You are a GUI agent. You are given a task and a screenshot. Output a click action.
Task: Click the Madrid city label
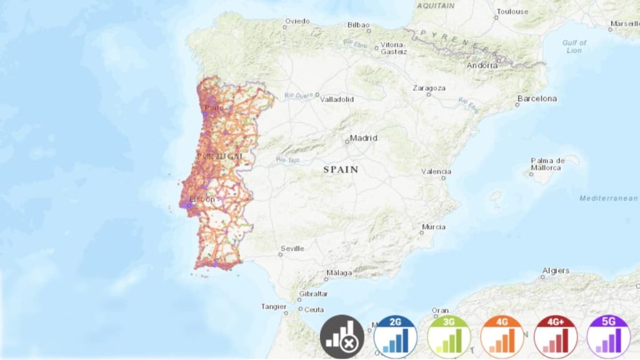364,138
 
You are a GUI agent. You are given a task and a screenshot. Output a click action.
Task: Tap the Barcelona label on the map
536,99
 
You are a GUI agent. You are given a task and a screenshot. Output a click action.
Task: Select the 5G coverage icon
607,337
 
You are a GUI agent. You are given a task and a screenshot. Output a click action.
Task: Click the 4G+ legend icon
555,337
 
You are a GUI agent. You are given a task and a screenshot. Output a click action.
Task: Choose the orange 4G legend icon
501,337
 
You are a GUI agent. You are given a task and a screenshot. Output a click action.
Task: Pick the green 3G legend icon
448,337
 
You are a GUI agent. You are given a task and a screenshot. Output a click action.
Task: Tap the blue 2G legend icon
395,337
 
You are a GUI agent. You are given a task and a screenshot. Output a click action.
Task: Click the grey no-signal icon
342,337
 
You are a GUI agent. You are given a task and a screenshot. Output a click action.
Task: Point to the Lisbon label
202,199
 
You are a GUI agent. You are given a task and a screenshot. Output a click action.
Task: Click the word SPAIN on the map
341,169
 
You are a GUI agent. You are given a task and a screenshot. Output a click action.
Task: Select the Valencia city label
436,171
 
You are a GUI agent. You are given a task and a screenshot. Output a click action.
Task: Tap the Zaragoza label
429,88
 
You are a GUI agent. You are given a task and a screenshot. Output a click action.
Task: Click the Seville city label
292,249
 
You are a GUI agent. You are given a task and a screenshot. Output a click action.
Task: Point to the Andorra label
482,65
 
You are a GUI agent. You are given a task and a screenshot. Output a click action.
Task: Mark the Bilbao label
359,26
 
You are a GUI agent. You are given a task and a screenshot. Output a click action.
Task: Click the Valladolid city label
337,99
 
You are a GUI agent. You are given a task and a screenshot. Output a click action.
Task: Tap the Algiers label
556,271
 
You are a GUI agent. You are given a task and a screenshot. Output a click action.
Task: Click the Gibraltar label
314,294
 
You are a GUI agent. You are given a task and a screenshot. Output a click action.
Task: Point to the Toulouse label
512,11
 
